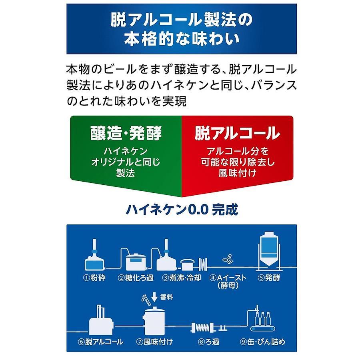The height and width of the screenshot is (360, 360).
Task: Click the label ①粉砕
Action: click(94, 278)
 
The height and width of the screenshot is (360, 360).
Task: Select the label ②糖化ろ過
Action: click(136, 278)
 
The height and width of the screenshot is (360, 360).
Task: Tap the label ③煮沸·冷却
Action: click(181, 278)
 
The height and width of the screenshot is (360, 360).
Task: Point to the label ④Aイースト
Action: click(228, 278)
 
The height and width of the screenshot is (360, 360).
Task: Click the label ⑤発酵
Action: click(269, 278)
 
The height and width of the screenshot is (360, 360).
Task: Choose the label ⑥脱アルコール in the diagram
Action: click(100, 342)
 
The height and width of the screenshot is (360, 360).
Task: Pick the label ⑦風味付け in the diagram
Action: click(154, 342)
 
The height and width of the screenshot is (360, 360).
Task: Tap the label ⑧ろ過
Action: click(208, 342)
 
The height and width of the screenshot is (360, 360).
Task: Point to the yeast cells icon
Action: click(228, 258)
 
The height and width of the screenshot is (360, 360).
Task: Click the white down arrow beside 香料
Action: click(154, 297)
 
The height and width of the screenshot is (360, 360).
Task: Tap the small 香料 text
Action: click(166, 297)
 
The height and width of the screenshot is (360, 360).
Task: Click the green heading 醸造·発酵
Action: click(126, 133)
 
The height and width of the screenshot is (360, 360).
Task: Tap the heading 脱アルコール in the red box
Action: click(237, 133)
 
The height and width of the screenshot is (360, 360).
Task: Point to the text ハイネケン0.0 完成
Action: click(182, 209)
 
